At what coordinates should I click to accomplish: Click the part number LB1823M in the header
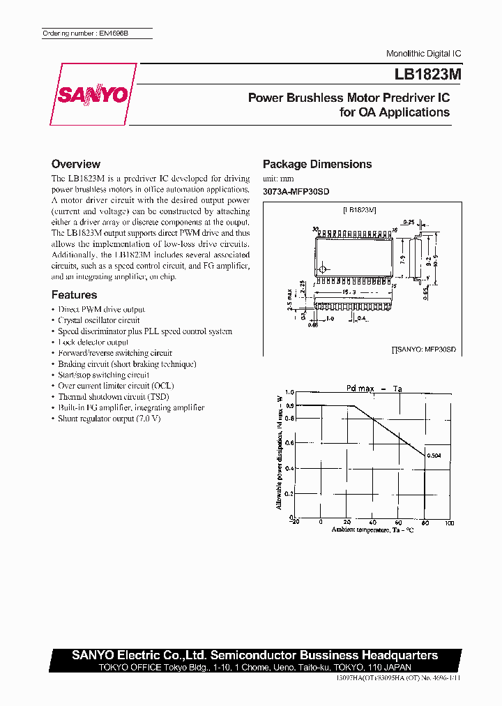[x=420, y=75]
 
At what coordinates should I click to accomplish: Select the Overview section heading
[x=76, y=164]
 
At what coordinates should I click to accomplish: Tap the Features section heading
[x=75, y=294]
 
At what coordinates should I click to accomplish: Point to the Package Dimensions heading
[x=317, y=164]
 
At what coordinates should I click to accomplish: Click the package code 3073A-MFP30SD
[x=296, y=191]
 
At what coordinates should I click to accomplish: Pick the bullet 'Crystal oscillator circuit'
[x=99, y=320]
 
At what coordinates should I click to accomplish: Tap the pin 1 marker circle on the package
[x=323, y=269]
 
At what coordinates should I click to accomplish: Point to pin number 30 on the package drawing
[x=315, y=229]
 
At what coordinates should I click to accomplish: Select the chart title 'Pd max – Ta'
[x=374, y=388]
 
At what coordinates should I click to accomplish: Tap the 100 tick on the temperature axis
[x=448, y=523]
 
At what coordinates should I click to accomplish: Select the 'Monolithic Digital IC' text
[x=423, y=54]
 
